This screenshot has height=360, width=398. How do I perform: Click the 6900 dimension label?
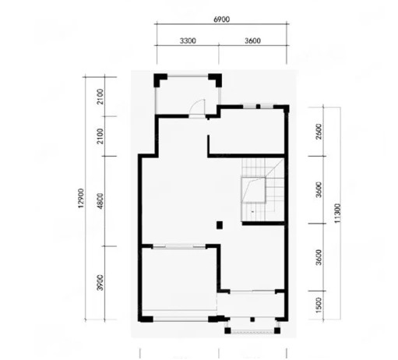[221, 19]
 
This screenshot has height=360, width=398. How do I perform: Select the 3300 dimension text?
[188, 41]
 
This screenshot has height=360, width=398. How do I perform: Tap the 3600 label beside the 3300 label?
[252, 41]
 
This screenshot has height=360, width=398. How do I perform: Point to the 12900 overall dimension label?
[81, 198]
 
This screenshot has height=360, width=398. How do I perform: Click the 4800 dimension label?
[100, 200]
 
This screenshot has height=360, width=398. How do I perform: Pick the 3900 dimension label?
[100, 282]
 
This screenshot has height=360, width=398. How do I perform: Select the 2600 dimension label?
[319, 132]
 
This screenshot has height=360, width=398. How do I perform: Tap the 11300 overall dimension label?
[337, 213]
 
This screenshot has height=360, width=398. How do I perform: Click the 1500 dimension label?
[319, 305]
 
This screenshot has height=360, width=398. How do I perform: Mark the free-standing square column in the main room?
[220, 225]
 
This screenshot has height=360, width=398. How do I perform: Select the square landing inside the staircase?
[253, 190]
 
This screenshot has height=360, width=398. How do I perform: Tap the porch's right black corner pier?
[217, 79]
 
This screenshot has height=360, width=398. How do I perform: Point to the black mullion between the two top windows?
[258, 106]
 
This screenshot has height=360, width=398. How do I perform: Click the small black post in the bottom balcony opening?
[252, 319]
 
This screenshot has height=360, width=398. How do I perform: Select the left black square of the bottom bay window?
[227, 330]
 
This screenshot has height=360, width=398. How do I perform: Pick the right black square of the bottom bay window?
[277, 330]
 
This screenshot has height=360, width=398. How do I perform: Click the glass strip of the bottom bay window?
[252, 331]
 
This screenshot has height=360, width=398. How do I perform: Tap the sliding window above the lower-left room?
[179, 246]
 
